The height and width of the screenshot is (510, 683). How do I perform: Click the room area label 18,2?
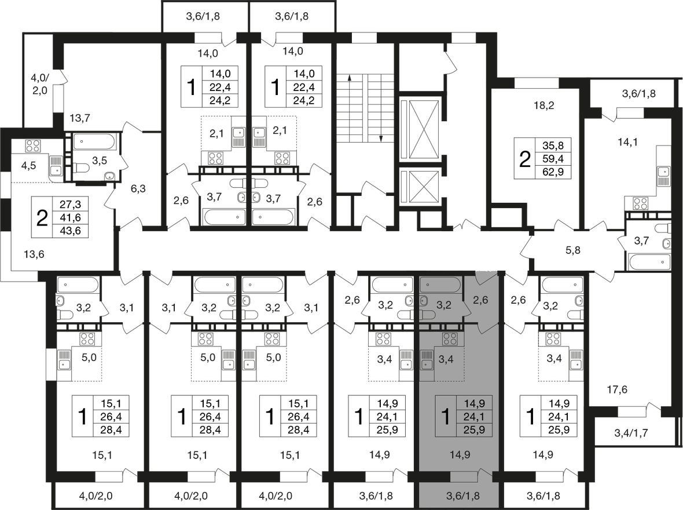pos(544,105)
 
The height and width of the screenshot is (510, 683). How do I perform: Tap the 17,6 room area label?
pos(617,389)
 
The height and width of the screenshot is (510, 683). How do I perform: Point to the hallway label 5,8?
pos(573,250)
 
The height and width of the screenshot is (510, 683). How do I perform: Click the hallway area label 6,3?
pos(138,188)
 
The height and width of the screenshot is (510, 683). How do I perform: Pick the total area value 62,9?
pos(553,172)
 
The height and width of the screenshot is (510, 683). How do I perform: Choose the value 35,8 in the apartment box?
pos(553,145)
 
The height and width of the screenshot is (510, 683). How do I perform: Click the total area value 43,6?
pos(70,231)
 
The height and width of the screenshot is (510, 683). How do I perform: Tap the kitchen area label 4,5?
pos(29,166)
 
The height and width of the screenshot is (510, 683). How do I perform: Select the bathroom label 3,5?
pos(100,161)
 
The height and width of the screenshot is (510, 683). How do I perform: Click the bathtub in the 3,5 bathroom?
pos(95,142)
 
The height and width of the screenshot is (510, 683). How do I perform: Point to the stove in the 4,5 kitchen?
pos(32,145)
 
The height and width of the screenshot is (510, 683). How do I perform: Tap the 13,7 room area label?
pos(80,117)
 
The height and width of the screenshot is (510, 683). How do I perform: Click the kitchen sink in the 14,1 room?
pos(663,177)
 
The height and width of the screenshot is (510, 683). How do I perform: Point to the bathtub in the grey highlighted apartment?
pos(440,285)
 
